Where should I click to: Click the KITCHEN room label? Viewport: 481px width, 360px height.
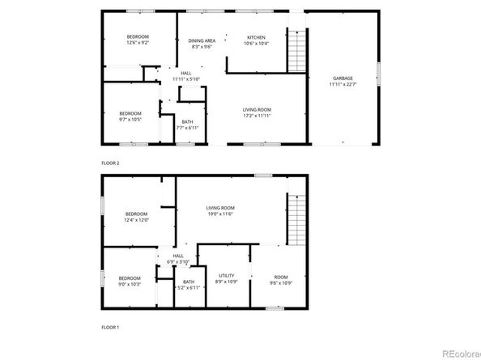coord(256,37)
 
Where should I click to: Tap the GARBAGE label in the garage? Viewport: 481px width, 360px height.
coord(342,78)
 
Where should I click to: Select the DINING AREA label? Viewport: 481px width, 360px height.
coord(202,40)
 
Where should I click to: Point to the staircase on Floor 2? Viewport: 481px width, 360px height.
coord(298,50)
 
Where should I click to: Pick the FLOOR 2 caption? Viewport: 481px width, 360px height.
coord(110,163)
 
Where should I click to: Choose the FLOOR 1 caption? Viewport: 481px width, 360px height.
coord(110,327)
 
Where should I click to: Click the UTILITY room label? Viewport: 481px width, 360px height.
coord(226,276)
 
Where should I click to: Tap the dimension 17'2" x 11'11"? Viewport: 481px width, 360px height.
coord(257,116)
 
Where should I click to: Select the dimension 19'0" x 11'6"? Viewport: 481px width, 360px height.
coord(219,214)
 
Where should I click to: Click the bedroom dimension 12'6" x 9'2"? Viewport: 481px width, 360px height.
coord(137,43)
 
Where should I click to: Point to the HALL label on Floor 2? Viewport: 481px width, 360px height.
coord(185,74)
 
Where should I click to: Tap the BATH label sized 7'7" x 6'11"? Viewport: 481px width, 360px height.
coord(187,122)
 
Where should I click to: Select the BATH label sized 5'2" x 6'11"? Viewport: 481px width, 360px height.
coord(189,282)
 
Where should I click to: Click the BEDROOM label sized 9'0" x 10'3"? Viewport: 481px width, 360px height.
coord(130,279)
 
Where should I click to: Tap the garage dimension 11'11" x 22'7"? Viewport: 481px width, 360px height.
coord(342,84)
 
